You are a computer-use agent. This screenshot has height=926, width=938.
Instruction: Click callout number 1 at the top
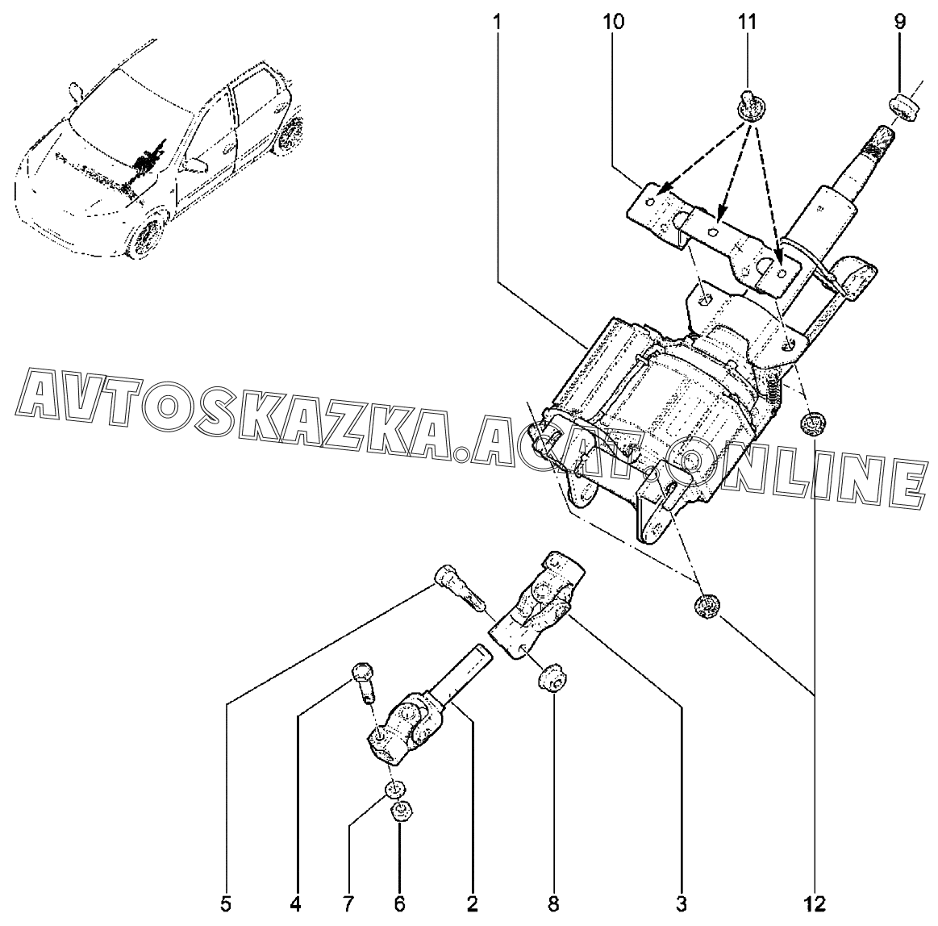pyautogui.click(x=497, y=22)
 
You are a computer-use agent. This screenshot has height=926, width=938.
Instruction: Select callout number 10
pyautogui.click(x=613, y=22)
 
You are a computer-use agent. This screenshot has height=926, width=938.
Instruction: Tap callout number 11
pyautogui.click(x=747, y=22)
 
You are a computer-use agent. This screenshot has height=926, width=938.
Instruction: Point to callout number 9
pyautogui.click(x=900, y=22)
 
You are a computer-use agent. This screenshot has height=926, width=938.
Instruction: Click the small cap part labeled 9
pyautogui.click(x=902, y=107)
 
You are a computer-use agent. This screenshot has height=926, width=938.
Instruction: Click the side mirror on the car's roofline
pyautogui.click(x=75, y=91)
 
